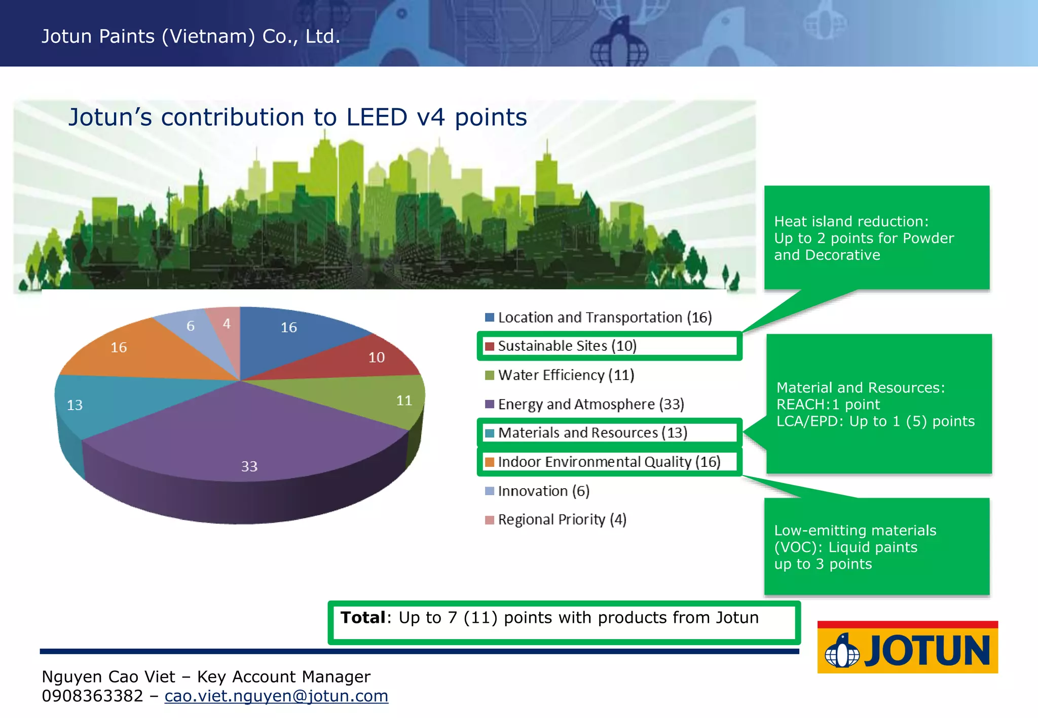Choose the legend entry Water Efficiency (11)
point(566,375)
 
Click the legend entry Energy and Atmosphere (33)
point(590,404)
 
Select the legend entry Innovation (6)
point(543,491)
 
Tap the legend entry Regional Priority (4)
point(562,520)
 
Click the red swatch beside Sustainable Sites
point(490,346)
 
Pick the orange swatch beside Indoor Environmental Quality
point(490,462)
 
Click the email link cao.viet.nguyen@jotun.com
point(276,696)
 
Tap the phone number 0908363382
point(92,696)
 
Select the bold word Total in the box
point(363,618)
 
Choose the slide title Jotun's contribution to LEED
point(298,117)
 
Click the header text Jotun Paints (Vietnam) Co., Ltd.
point(191,36)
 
